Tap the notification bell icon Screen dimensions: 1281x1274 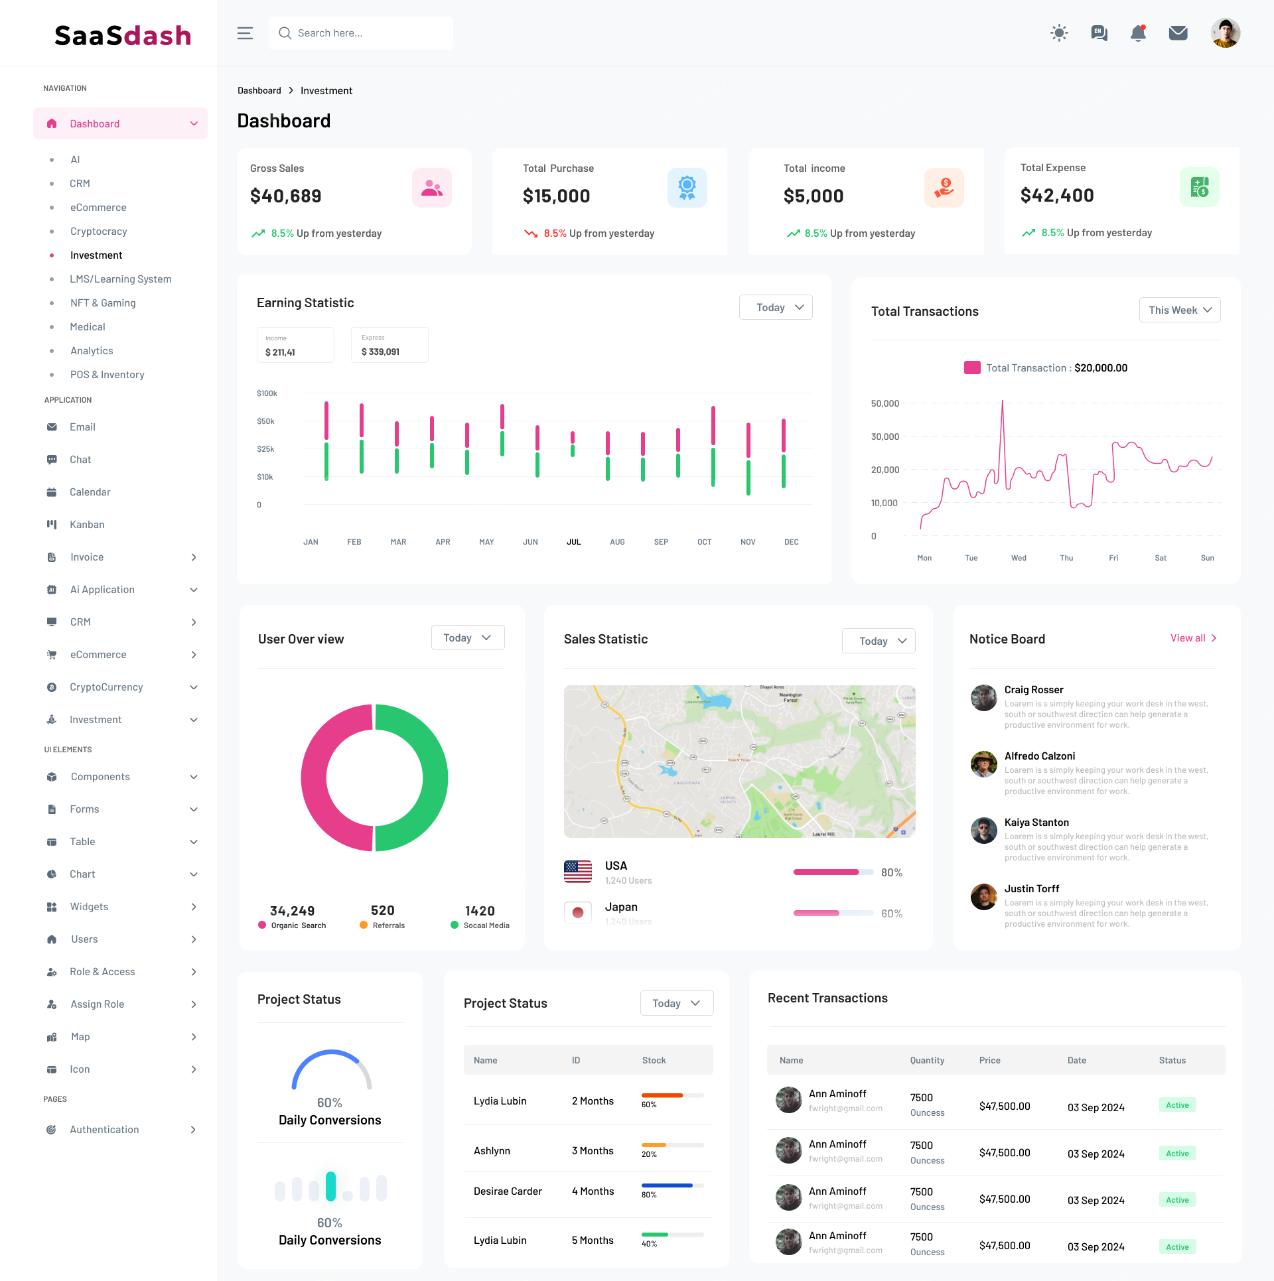[x=1138, y=33]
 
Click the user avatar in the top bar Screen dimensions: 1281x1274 [x=1225, y=33]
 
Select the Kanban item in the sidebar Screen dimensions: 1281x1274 [x=87, y=525]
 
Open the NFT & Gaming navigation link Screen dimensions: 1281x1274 [x=103, y=303]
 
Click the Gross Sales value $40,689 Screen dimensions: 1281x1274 [x=285, y=196]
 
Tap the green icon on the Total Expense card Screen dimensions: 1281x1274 [x=1199, y=188]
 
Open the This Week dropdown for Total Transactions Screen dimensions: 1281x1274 [x=1179, y=310]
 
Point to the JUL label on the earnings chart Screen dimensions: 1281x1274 [x=573, y=542]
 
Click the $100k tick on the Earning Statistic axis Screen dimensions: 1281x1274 [x=267, y=394]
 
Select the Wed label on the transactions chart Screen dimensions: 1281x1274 [x=1019, y=558]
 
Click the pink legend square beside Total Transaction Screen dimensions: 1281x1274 [x=972, y=368]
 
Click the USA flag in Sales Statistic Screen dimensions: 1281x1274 [x=577, y=872]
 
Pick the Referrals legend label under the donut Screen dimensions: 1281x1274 [x=388, y=925]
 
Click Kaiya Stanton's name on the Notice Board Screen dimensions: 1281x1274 [x=1036, y=823]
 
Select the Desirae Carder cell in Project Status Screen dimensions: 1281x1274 [x=508, y=1191]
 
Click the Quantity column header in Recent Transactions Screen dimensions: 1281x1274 [x=927, y=1061]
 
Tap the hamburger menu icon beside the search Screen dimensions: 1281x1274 [x=245, y=33]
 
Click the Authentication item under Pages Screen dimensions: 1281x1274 [x=104, y=1130]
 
